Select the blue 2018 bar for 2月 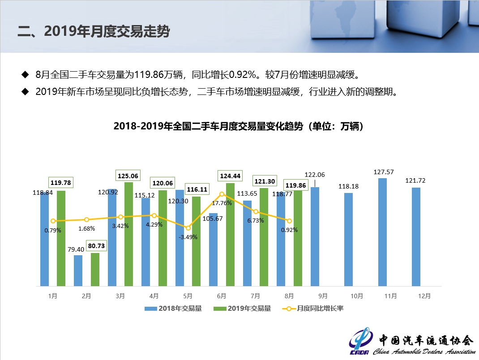78,270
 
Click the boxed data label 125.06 127,175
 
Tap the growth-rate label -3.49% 188,237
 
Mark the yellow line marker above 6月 222,194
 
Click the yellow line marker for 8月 289,221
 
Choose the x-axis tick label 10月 357,296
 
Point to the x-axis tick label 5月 188,296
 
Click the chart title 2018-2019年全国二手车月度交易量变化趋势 238,126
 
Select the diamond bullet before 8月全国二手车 25,74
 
